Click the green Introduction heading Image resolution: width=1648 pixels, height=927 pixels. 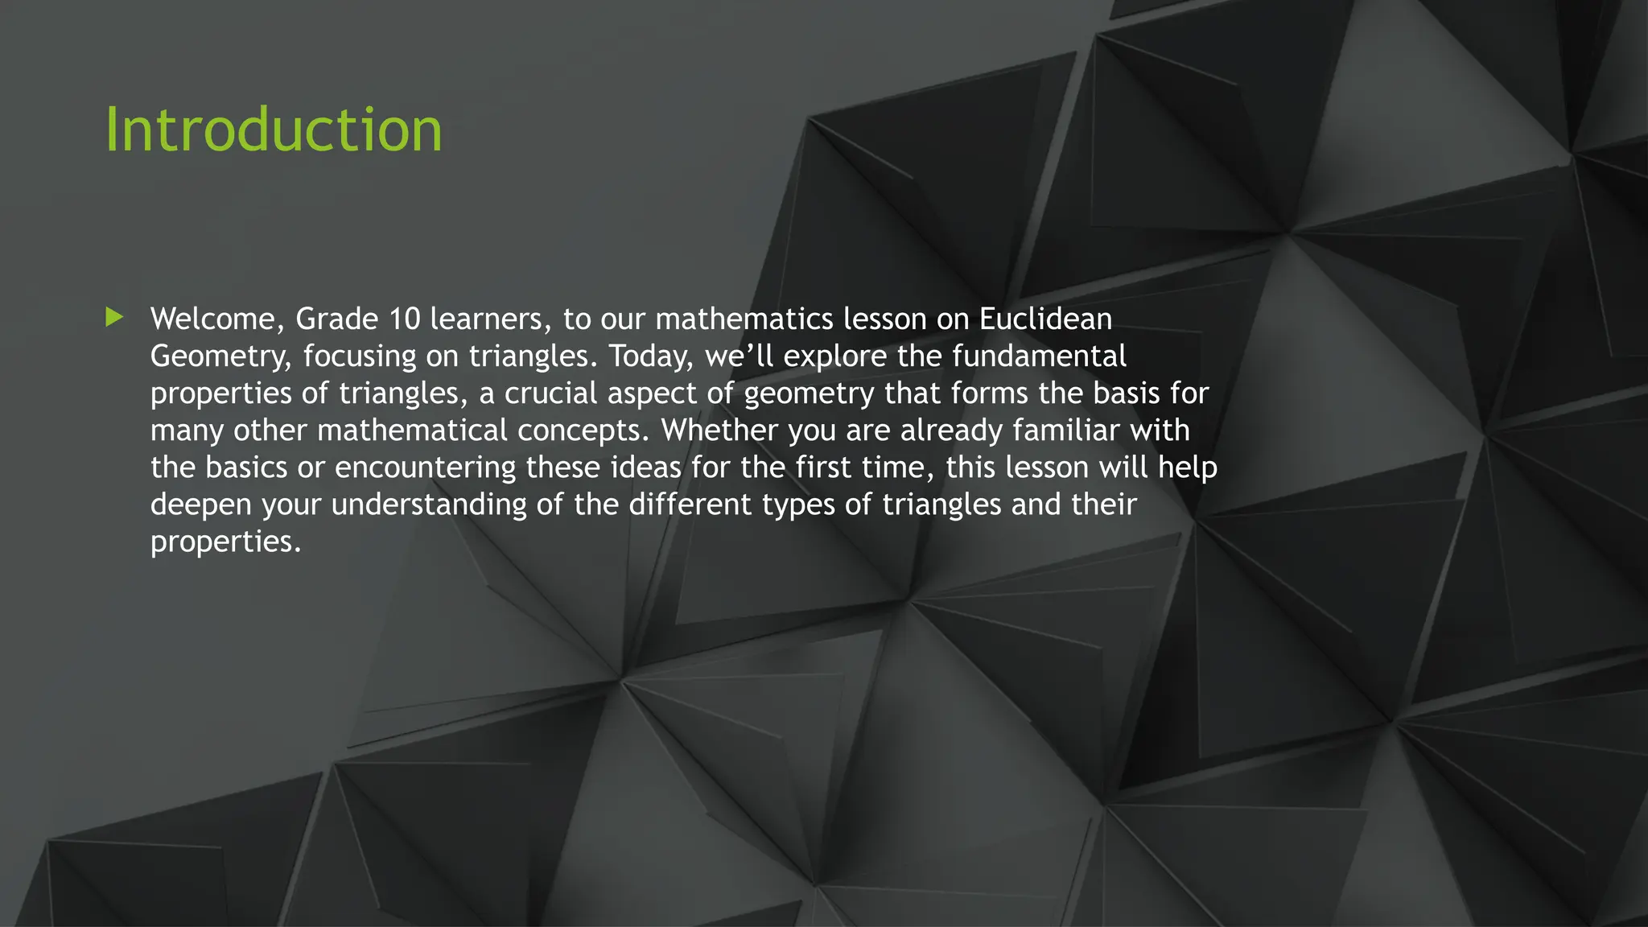coord(274,130)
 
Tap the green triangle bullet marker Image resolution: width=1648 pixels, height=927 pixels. coord(114,317)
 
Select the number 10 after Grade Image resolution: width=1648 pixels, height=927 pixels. coord(405,319)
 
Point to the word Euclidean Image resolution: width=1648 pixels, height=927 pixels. coord(1045,319)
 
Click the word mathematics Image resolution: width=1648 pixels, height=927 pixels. coord(744,319)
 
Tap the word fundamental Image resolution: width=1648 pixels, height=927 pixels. coord(1040,356)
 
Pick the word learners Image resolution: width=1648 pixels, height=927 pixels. coord(491,319)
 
